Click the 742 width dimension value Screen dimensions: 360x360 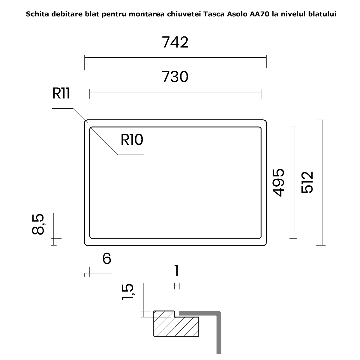click(x=175, y=42)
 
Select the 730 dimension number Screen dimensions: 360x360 click(x=175, y=76)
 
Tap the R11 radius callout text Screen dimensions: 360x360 click(x=61, y=93)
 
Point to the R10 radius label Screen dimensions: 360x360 click(x=132, y=140)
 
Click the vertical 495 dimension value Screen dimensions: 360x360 click(x=278, y=183)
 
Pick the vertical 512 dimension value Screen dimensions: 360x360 click(x=307, y=182)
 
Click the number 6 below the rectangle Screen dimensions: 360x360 click(x=107, y=259)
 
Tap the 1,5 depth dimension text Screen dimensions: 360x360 click(x=128, y=292)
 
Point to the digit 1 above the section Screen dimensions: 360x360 click(x=177, y=270)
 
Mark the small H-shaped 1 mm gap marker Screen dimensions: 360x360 click(x=177, y=286)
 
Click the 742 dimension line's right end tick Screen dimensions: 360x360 click(x=266, y=61)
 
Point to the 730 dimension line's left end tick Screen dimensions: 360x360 click(x=90, y=94)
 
